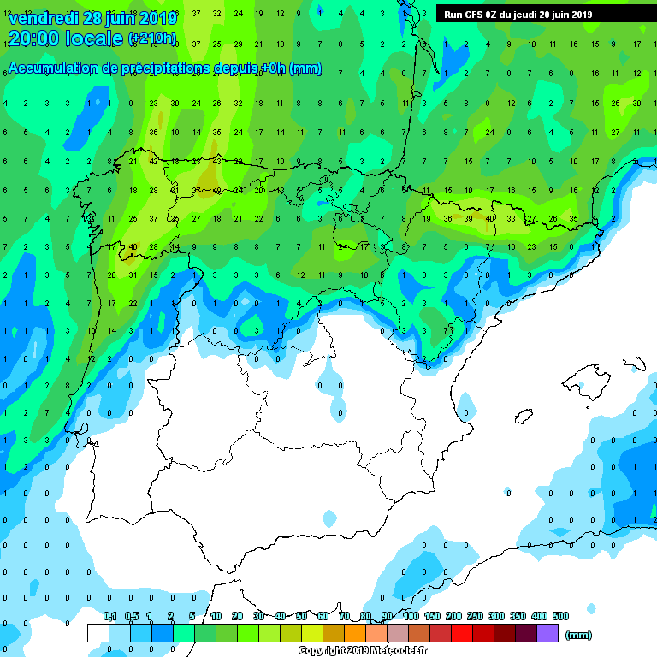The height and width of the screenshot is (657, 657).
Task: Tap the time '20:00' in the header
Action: pyautogui.click(x=36, y=38)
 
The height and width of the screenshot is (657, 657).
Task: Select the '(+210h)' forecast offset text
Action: pyautogui.click(x=152, y=38)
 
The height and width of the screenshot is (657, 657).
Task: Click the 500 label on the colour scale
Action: pyautogui.click(x=560, y=616)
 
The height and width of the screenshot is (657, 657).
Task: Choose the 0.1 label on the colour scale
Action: pyautogui.click(x=110, y=616)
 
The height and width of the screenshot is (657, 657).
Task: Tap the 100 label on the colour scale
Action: pyautogui.click(x=411, y=616)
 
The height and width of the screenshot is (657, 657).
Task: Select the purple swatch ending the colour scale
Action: pyautogui.click(x=547, y=633)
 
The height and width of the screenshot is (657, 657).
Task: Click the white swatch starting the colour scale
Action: pyautogui.click(x=98, y=633)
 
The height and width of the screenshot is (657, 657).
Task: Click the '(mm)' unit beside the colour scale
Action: pyautogui.click(x=579, y=635)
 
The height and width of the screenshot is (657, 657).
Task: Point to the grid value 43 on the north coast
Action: pyautogui.click(x=217, y=161)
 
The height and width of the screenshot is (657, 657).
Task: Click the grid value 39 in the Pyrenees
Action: pyautogui.click(x=468, y=219)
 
